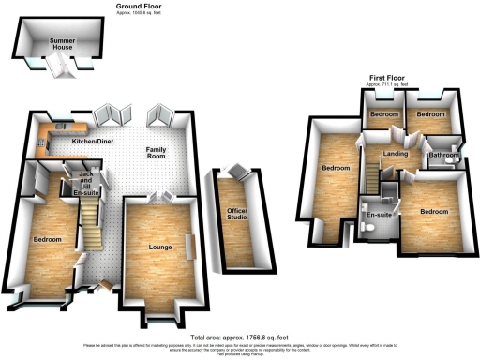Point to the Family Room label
pos(162,155)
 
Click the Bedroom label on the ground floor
pos(47,240)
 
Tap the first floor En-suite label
pos(378,215)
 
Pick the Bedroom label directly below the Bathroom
pos(434,212)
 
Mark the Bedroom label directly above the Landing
pos(383,114)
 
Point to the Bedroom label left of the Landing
pos(336,169)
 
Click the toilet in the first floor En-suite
pos(367,230)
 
